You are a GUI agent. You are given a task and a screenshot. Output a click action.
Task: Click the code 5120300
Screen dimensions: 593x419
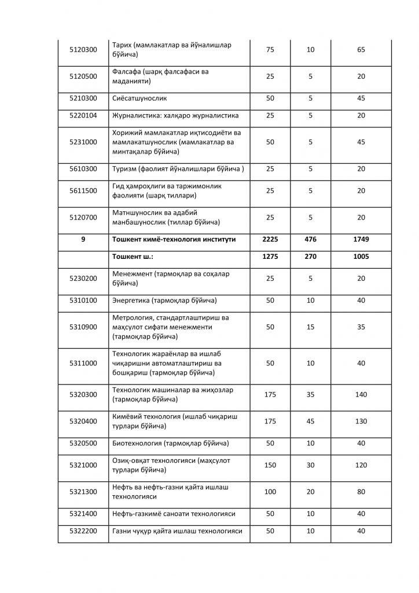[83, 50]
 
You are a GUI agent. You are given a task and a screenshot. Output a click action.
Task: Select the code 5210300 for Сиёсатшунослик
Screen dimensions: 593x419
[83, 98]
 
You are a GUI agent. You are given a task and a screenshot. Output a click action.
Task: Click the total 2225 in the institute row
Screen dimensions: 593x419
[270, 239]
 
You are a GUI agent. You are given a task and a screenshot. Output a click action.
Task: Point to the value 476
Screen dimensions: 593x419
[310, 239]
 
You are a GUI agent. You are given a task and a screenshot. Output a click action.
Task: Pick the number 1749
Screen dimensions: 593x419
[361, 239]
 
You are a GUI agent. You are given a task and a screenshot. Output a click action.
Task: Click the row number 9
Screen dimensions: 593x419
[83, 239]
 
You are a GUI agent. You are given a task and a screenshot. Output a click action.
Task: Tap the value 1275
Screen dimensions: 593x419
[270, 256]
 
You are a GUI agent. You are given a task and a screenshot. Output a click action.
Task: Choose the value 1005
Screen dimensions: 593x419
[361, 256]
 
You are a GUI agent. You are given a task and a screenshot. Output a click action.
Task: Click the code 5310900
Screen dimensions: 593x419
[83, 327]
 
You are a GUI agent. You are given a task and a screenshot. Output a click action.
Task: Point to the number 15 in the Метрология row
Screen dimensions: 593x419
[310, 327]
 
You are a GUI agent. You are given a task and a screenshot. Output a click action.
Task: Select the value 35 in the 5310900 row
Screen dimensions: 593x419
[361, 327]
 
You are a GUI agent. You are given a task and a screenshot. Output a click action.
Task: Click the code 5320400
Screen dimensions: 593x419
[83, 421]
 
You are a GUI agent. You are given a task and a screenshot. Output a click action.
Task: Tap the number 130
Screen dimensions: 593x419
[361, 421]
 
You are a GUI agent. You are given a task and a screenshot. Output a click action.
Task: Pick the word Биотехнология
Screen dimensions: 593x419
[137, 444]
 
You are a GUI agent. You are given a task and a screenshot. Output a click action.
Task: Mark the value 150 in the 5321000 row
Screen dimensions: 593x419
[270, 466]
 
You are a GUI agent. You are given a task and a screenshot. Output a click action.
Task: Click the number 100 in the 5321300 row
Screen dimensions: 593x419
[270, 492]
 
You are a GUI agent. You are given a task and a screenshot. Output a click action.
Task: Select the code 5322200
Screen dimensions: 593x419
[83, 531]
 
